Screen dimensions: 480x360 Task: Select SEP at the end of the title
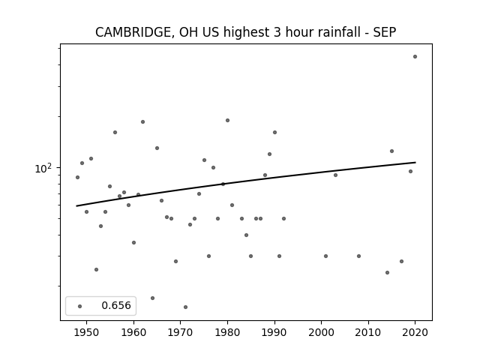point(385,31)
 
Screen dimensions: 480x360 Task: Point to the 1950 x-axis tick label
point(87,332)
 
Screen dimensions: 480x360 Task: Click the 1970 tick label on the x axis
point(180,332)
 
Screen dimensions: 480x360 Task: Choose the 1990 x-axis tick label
point(274,332)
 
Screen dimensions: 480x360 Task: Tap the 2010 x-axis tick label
point(368,332)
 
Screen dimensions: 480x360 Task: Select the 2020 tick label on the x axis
point(415,332)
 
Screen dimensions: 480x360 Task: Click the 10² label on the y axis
point(43,168)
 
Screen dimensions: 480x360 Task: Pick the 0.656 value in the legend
point(116,305)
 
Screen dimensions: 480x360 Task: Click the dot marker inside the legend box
point(80,306)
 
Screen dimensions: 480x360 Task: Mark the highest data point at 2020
point(415,57)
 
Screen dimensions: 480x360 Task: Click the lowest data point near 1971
point(185,307)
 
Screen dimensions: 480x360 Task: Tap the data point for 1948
point(77,177)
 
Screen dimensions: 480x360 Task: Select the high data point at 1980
point(227,120)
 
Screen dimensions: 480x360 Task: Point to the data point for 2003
point(335,175)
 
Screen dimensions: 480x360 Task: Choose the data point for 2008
point(358,256)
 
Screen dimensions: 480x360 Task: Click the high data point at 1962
point(142,121)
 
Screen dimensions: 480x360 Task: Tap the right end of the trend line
point(415,162)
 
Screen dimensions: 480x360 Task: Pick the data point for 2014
point(387,272)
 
